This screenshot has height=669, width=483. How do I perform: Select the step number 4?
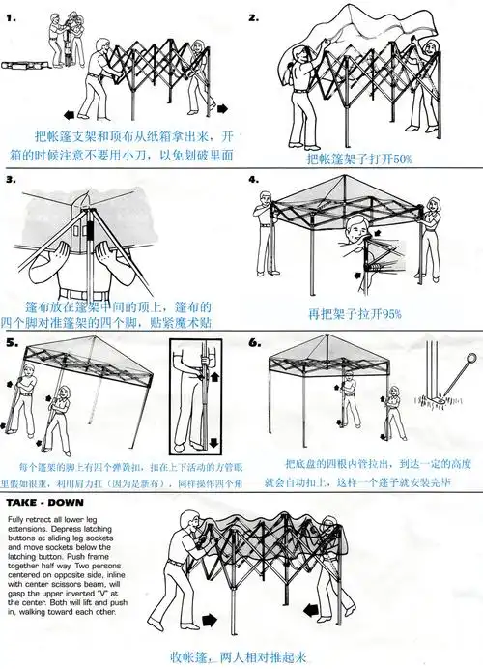coord(254,180)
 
